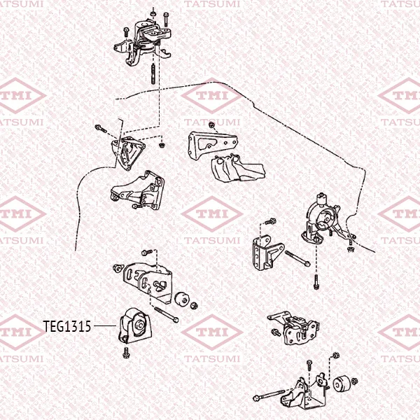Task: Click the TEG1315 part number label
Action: [67, 326]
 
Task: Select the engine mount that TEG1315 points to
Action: [135, 326]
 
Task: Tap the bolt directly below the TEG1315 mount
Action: [125, 353]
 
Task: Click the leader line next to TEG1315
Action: [105, 326]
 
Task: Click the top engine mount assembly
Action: [143, 43]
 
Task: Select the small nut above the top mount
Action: [153, 13]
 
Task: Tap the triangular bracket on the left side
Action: [128, 153]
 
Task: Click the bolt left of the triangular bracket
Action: [101, 129]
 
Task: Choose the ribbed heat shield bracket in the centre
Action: [238, 168]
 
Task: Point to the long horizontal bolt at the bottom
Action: [269, 395]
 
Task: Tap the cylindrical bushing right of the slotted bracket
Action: [182, 299]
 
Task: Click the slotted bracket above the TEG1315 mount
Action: [148, 282]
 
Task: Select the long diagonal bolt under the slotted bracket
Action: [167, 314]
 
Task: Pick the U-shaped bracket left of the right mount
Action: [267, 252]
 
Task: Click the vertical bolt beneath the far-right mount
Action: [316, 282]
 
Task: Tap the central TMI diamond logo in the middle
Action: [212, 213]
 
